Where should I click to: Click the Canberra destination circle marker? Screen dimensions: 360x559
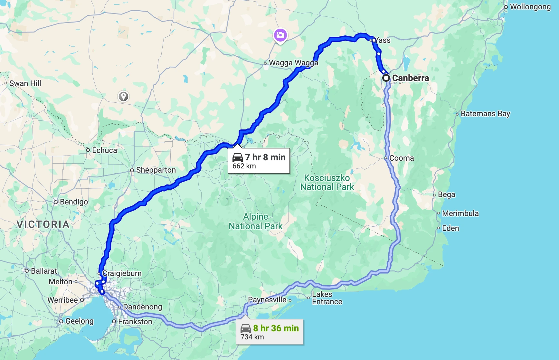[386, 78]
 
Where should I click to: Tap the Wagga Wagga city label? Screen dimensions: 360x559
[293, 63]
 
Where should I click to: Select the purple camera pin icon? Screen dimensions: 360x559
[280, 35]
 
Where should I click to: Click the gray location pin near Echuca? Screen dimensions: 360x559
[123, 96]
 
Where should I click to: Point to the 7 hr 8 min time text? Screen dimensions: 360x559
[265, 157]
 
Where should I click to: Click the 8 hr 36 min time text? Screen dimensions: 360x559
[276, 328]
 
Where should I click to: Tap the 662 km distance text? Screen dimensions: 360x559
[244, 166]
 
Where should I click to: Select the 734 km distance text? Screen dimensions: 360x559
[252, 337]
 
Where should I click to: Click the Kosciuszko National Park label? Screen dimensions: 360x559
[327, 183]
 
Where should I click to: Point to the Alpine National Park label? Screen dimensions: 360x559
[256, 222]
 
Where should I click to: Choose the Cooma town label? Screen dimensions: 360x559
[401, 158]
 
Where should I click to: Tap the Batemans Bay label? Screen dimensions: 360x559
[485, 114]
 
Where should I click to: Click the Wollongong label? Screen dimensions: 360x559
[530, 7]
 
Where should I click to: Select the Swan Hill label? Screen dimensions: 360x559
[25, 83]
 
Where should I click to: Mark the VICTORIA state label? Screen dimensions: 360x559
[43, 224]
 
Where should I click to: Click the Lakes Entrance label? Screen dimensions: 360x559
[327, 298]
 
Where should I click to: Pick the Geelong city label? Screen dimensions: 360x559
[79, 321]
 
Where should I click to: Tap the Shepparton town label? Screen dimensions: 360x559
[156, 170]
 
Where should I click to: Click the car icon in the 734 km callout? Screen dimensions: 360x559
[246, 328]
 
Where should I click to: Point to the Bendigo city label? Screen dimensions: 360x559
[74, 202]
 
